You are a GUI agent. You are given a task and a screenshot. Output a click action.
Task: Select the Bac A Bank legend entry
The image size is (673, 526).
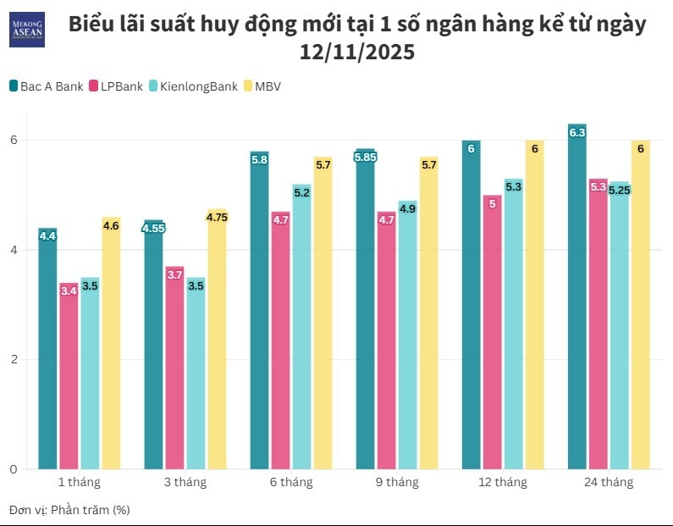(x=47, y=86)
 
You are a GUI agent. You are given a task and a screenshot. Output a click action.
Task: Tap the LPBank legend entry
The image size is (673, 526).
(x=115, y=86)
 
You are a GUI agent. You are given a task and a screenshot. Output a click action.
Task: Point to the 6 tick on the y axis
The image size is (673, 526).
(x=13, y=141)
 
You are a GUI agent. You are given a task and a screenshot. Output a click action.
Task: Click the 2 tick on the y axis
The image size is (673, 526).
(x=13, y=360)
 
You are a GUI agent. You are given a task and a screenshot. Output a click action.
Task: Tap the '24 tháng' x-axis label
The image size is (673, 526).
(x=608, y=482)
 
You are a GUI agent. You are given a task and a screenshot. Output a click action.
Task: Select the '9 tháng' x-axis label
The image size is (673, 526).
(x=396, y=482)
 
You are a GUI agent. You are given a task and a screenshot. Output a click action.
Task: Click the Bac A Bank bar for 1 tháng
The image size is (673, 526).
(x=47, y=356)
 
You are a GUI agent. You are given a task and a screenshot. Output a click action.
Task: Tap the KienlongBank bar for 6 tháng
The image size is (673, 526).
(x=301, y=330)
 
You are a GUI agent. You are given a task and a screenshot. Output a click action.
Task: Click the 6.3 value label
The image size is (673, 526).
(x=577, y=133)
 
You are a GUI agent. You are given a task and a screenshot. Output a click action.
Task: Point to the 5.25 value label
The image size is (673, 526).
(x=620, y=190)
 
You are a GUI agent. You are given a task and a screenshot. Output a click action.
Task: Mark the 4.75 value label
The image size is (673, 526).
(x=218, y=217)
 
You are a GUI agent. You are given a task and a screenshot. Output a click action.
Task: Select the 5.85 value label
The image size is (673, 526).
(x=366, y=157)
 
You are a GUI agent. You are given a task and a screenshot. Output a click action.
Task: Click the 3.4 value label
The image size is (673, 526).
(x=69, y=291)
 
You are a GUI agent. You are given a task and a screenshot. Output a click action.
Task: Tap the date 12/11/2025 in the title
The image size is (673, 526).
(x=356, y=53)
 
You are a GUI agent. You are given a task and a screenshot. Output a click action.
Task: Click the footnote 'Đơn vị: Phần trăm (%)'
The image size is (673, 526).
(x=69, y=509)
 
